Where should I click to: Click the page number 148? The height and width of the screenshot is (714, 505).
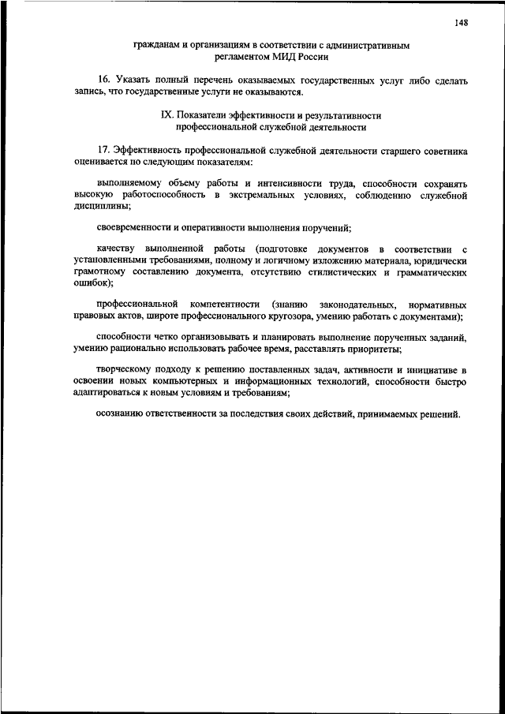[462, 22]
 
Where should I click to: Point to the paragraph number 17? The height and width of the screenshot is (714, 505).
[103, 150]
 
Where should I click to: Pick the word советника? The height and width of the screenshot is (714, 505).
[444, 150]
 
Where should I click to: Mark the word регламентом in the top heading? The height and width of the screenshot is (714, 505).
[240, 57]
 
